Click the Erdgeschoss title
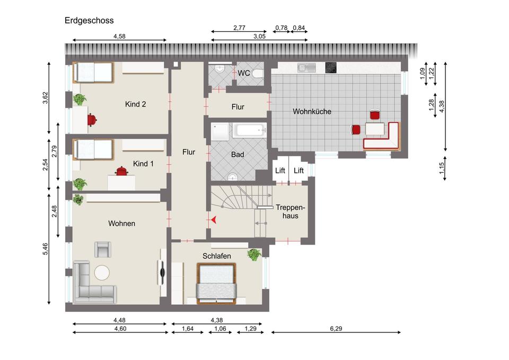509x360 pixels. pyautogui.click(x=89, y=21)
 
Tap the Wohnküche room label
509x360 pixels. pyautogui.click(x=312, y=111)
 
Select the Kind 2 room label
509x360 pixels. pyautogui.click(x=135, y=104)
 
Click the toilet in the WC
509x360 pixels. pyautogui.click(x=258, y=74)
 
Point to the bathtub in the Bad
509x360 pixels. pyautogui.click(x=249, y=130)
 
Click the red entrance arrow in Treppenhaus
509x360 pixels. pyautogui.click(x=214, y=220)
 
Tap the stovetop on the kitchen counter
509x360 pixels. pyautogui.click(x=331, y=67)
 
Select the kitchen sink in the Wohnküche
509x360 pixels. pyautogui.click(x=306, y=67)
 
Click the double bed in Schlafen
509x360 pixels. pyautogui.click(x=216, y=284)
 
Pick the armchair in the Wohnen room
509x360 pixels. pyautogui.click(x=102, y=249)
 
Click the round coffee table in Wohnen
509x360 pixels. pyautogui.click(x=102, y=272)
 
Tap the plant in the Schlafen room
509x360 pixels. pyautogui.click(x=254, y=254)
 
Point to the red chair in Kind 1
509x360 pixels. pyautogui.click(x=121, y=171)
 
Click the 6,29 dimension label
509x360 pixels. pyautogui.click(x=336, y=329)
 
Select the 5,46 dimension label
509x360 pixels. pyautogui.click(x=45, y=249)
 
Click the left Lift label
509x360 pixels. pyautogui.click(x=280, y=170)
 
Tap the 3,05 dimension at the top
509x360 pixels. pyautogui.click(x=259, y=36)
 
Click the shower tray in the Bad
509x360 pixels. pyautogui.click(x=220, y=132)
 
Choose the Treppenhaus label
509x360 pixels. pyautogui.click(x=290, y=212)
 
